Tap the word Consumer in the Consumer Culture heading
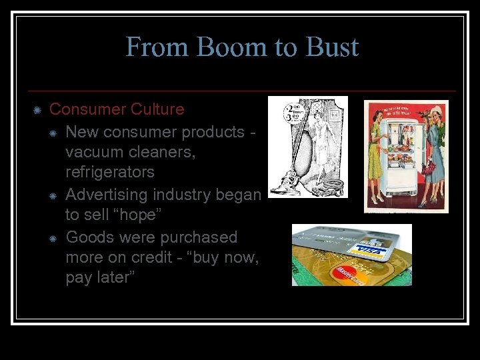88,109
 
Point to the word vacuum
93,152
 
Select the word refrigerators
110,172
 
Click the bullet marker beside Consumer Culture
37,109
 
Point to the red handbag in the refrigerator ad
428,167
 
